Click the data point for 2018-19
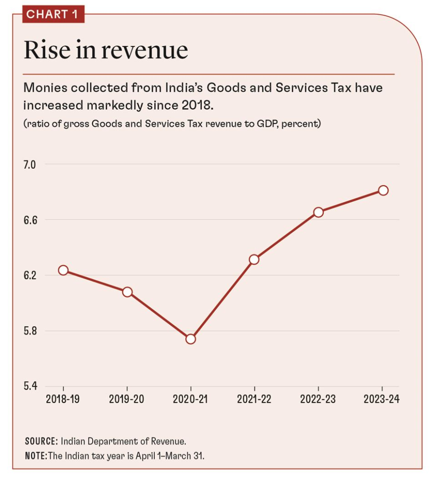(x=63, y=270)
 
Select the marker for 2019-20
(x=127, y=292)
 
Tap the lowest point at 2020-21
(x=191, y=339)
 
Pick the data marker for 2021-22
(x=254, y=259)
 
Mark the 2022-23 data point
(x=319, y=212)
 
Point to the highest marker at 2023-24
(x=383, y=190)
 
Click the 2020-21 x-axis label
(x=191, y=400)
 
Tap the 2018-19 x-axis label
(x=63, y=400)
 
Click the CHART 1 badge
(x=53, y=14)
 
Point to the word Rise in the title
(x=47, y=51)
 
